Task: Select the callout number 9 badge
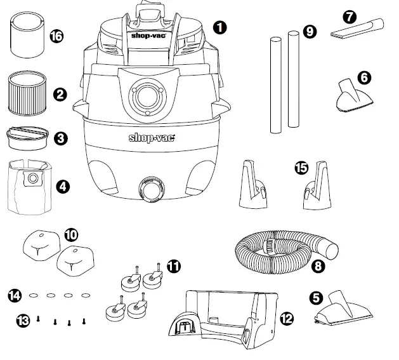[310, 31]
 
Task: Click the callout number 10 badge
[72, 234]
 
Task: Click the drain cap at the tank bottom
[151, 190]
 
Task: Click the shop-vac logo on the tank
[152, 137]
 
